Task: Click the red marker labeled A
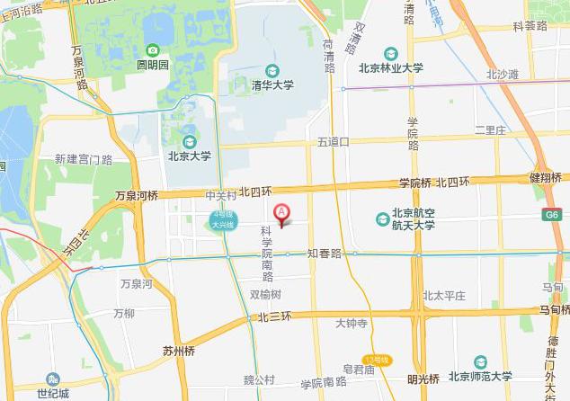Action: click(281, 214)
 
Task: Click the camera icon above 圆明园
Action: click(153, 50)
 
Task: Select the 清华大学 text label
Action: click(271, 86)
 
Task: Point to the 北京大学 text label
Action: click(189, 156)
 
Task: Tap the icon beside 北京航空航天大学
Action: click(383, 219)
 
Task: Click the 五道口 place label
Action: click(333, 142)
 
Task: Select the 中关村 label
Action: click(220, 194)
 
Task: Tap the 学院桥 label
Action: click(415, 183)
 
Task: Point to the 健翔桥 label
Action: click(547, 177)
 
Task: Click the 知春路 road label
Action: click(325, 254)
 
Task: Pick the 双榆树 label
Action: click(265, 294)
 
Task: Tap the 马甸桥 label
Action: click(554, 309)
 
